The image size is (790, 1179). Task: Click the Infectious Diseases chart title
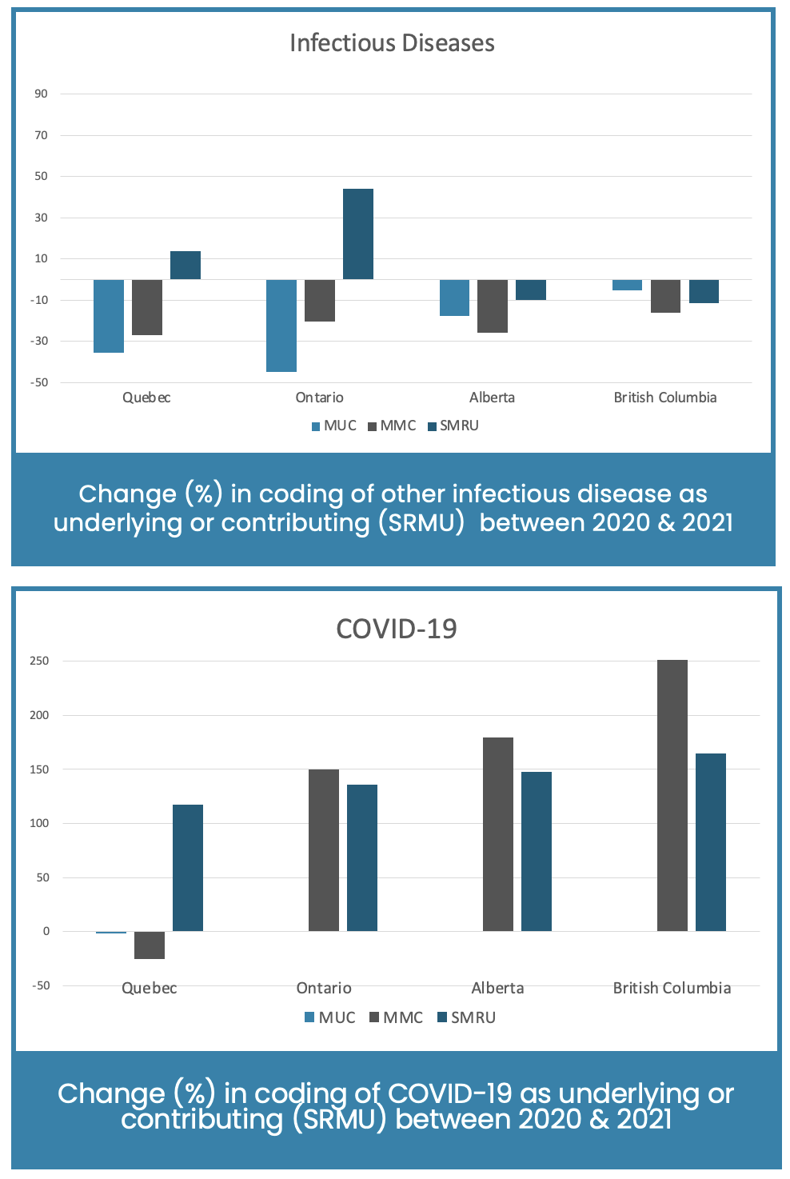click(392, 43)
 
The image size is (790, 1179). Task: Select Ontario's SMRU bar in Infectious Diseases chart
click(358, 234)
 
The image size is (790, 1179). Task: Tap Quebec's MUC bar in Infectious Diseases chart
click(109, 316)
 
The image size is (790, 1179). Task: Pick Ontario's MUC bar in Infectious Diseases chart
click(281, 326)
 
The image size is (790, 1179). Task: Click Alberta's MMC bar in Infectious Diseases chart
click(493, 306)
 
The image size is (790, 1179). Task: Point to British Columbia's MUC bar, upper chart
click(627, 285)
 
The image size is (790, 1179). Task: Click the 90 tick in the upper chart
click(41, 94)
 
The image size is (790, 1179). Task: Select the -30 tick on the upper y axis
click(39, 341)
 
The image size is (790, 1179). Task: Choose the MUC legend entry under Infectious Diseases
click(334, 426)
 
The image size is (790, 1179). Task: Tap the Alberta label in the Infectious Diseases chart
click(492, 398)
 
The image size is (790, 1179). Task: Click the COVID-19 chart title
click(397, 629)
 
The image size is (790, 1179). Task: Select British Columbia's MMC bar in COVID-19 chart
click(672, 795)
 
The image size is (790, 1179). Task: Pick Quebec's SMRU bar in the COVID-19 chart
click(188, 868)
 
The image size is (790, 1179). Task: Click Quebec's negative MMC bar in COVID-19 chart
click(150, 945)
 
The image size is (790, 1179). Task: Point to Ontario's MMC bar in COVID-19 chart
click(324, 850)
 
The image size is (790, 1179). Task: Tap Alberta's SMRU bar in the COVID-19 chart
click(537, 851)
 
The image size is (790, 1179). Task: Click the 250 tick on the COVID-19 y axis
click(39, 661)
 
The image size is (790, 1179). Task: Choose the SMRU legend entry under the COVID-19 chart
click(467, 1017)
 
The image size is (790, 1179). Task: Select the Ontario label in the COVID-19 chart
click(324, 988)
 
